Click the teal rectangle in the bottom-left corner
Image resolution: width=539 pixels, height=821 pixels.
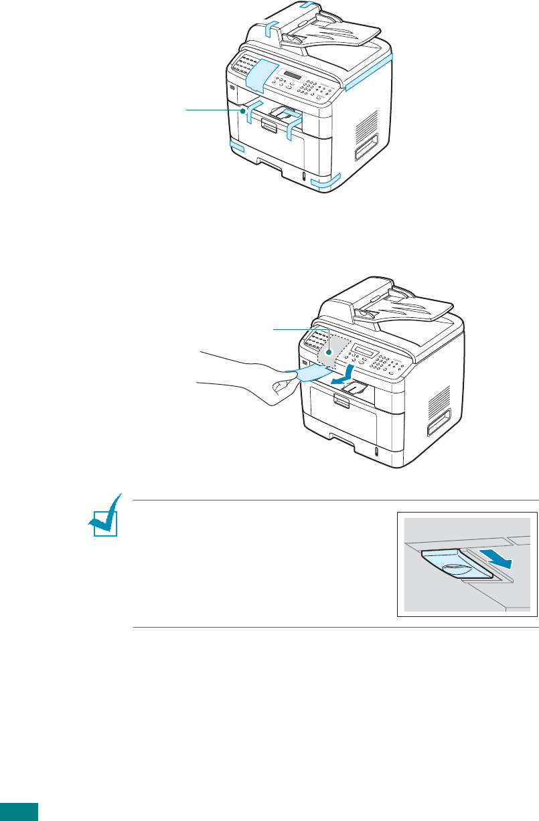pyautogui.click(x=19, y=812)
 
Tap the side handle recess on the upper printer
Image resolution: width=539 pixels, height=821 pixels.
pyautogui.click(x=367, y=147)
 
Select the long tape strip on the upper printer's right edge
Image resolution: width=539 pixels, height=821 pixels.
pyautogui.click(x=368, y=71)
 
